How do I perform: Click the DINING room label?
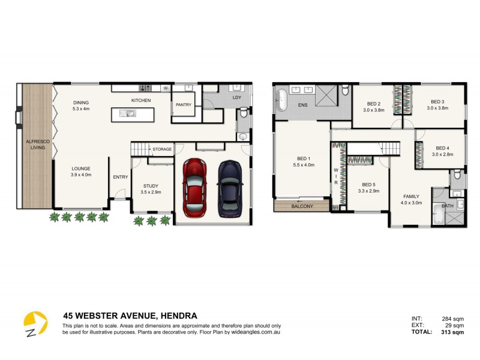[81, 102]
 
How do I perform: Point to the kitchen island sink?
[128, 113]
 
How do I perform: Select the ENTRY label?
[120, 176]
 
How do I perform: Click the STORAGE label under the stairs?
[162, 149]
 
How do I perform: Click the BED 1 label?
[300, 158]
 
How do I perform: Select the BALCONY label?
[302, 206]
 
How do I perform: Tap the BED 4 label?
[442, 148]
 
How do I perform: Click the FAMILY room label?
[411, 196]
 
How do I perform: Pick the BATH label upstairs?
[448, 206]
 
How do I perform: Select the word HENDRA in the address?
[178, 316]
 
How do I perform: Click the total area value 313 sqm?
[453, 332]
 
